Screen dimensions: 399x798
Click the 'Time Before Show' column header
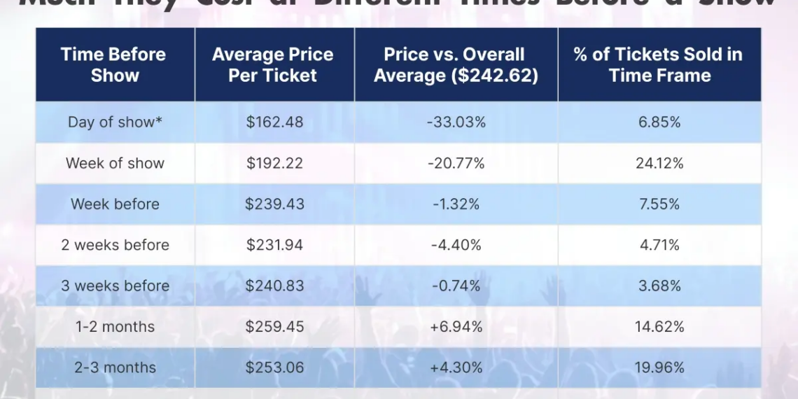pyautogui.click(x=113, y=65)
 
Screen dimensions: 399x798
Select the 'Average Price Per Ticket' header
pyautogui.click(x=273, y=65)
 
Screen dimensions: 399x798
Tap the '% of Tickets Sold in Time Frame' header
pyautogui.click(x=659, y=65)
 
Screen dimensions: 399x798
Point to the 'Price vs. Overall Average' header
pyautogui.click(x=456, y=65)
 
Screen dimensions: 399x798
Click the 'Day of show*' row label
pyautogui.click(x=115, y=122)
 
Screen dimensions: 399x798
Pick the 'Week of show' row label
pyautogui.click(x=115, y=163)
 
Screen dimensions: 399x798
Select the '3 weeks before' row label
pyautogui.click(x=115, y=286)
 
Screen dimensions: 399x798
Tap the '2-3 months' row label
pyautogui.click(x=115, y=367)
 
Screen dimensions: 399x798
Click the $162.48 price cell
pyautogui.click(x=274, y=122)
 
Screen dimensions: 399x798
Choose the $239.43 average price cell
pyautogui.click(x=274, y=204)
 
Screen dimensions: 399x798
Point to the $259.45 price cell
pyautogui.click(x=274, y=327)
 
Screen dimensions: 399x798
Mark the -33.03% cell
pyautogui.click(x=456, y=122)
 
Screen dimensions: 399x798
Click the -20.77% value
pyautogui.click(x=456, y=163)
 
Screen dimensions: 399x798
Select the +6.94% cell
pyautogui.click(x=456, y=327)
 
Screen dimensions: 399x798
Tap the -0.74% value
pyautogui.click(x=456, y=286)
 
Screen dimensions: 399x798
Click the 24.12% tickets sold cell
pyautogui.click(x=659, y=163)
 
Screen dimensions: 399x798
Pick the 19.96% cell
pyautogui.click(x=659, y=367)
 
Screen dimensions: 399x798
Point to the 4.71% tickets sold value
pyautogui.click(x=659, y=245)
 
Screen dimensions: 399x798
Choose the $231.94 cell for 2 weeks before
pyautogui.click(x=274, y=245)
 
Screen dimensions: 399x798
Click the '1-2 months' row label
pyautogui.click(x=115, y=327)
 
